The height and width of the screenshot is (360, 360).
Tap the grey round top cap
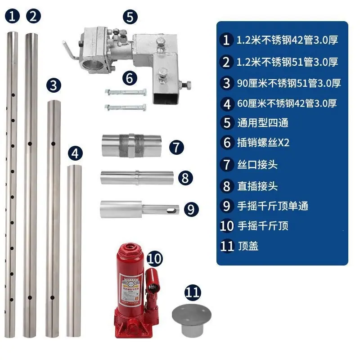192,320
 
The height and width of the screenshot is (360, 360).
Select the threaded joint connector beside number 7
131,146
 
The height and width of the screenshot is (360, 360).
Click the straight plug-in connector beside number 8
137,178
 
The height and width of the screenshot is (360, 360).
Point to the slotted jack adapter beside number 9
139,209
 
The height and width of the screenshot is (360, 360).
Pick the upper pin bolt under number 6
126,92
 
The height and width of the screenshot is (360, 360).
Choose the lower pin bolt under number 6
126,107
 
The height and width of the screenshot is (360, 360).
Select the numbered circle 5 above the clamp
130,17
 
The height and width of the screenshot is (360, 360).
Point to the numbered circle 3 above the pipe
54,85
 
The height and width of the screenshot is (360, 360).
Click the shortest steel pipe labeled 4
74,251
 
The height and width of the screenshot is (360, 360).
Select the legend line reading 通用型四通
263,122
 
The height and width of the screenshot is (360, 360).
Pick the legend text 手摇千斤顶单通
273,206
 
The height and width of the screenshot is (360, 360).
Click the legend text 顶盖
248,246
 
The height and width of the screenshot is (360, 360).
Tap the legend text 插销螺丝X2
263,143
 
